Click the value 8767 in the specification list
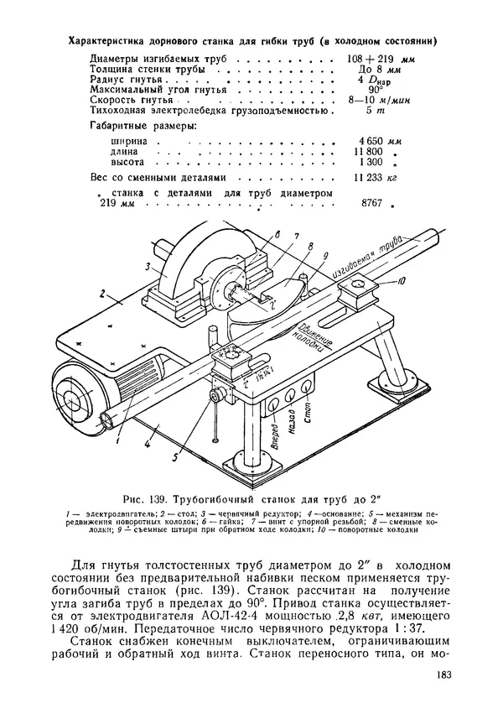(376, 203)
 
